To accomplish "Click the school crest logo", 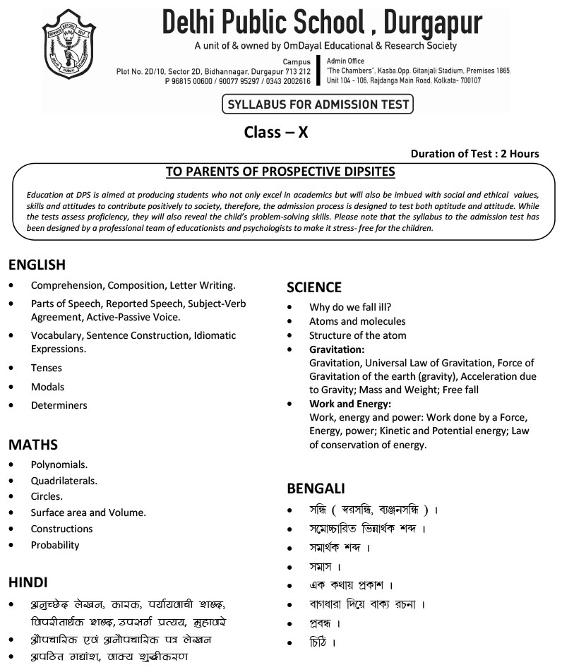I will [69, 44].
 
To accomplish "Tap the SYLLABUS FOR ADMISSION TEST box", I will [317, 105].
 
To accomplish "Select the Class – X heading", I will [276, 132].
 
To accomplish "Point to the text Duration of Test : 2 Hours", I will [474, 154].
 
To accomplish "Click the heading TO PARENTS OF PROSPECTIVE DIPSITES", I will [280, 172].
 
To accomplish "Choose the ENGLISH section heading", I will [37, 265].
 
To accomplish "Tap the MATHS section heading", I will [33, 445].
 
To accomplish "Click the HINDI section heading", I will [28, 582].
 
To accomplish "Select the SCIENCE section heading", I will [314, 287].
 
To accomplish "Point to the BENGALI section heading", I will [316, 488].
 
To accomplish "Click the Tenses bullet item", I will [47, 368].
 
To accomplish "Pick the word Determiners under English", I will [59, 405].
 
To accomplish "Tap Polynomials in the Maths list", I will [59, 464].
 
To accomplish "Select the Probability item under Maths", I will [55, 545].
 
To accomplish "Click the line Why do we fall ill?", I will [350, 307].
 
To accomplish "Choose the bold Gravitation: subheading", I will [337, 349].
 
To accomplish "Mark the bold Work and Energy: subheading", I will [350, 404].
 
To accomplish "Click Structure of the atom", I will [358, 335].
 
